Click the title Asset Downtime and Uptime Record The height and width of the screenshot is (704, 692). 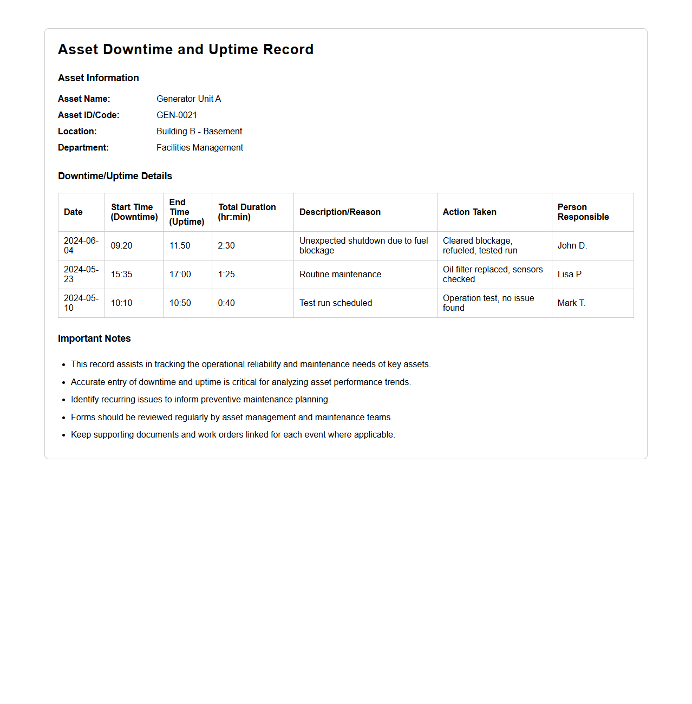[186, 49]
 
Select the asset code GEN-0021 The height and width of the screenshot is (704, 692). [177, 115]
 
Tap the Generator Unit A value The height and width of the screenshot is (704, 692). [188, 99]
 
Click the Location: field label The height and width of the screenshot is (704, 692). [77, 131]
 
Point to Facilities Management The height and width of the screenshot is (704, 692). [199, 147]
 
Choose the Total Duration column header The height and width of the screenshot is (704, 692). [247, 212]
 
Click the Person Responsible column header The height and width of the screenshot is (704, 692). [583, 212]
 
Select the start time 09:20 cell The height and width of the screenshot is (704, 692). [122, 245]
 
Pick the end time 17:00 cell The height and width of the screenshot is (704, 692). [180, 274]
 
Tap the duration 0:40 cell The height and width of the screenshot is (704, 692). [226, 303]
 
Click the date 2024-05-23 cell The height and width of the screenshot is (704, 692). [81, 274]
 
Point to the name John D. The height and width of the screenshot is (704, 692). [572, 245]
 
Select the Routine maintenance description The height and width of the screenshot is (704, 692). [340, 274]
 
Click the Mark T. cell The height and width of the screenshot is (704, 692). [571, 303]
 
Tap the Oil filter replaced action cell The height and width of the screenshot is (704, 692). [492, 274]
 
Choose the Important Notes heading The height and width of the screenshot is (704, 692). [94, 338]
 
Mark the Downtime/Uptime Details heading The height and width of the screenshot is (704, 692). [115, 176]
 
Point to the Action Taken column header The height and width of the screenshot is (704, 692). [469, 212]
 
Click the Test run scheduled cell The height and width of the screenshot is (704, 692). [336, 303]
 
